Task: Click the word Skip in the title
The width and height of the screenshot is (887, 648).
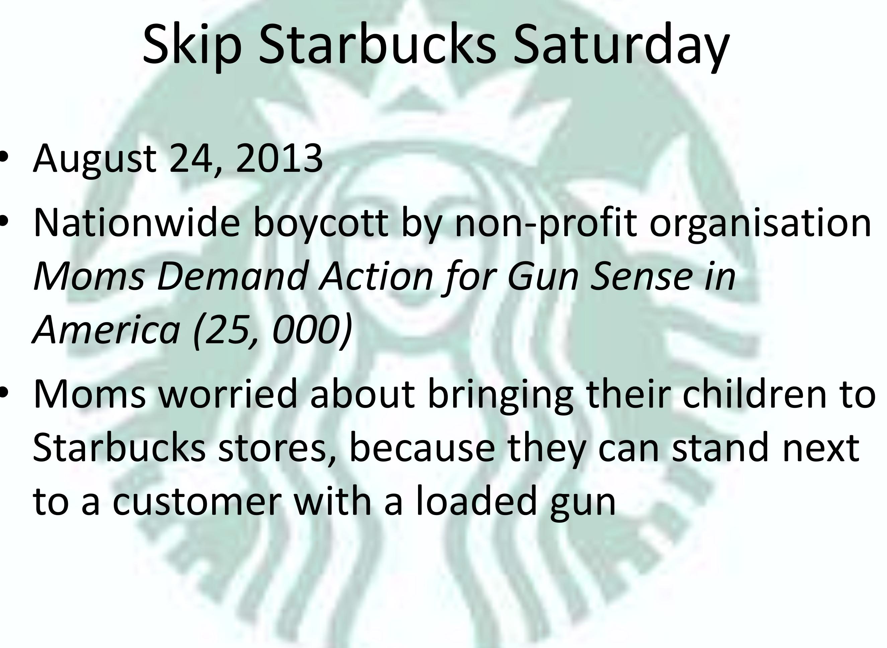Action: click(192, 45)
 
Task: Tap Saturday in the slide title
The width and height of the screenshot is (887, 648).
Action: click(621, 45)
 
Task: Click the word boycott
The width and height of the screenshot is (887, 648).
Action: click(321, 224)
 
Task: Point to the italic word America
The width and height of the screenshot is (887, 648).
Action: click(107, 330)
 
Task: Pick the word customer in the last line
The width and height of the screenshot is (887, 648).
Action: click(197, 502)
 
